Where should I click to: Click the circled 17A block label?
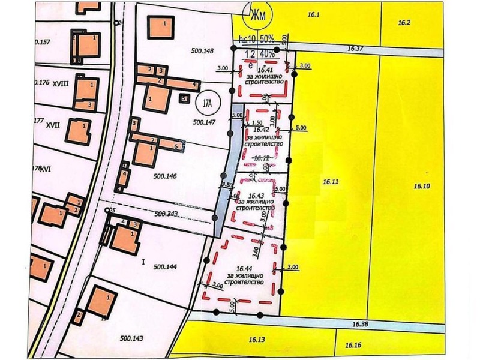coord(208,103)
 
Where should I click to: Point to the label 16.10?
coord(422,186)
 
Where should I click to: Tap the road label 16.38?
coord(360,324)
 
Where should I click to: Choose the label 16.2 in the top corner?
coord(404,23)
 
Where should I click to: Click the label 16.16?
coord(353,346)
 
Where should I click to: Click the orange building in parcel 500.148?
coord(160,28)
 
